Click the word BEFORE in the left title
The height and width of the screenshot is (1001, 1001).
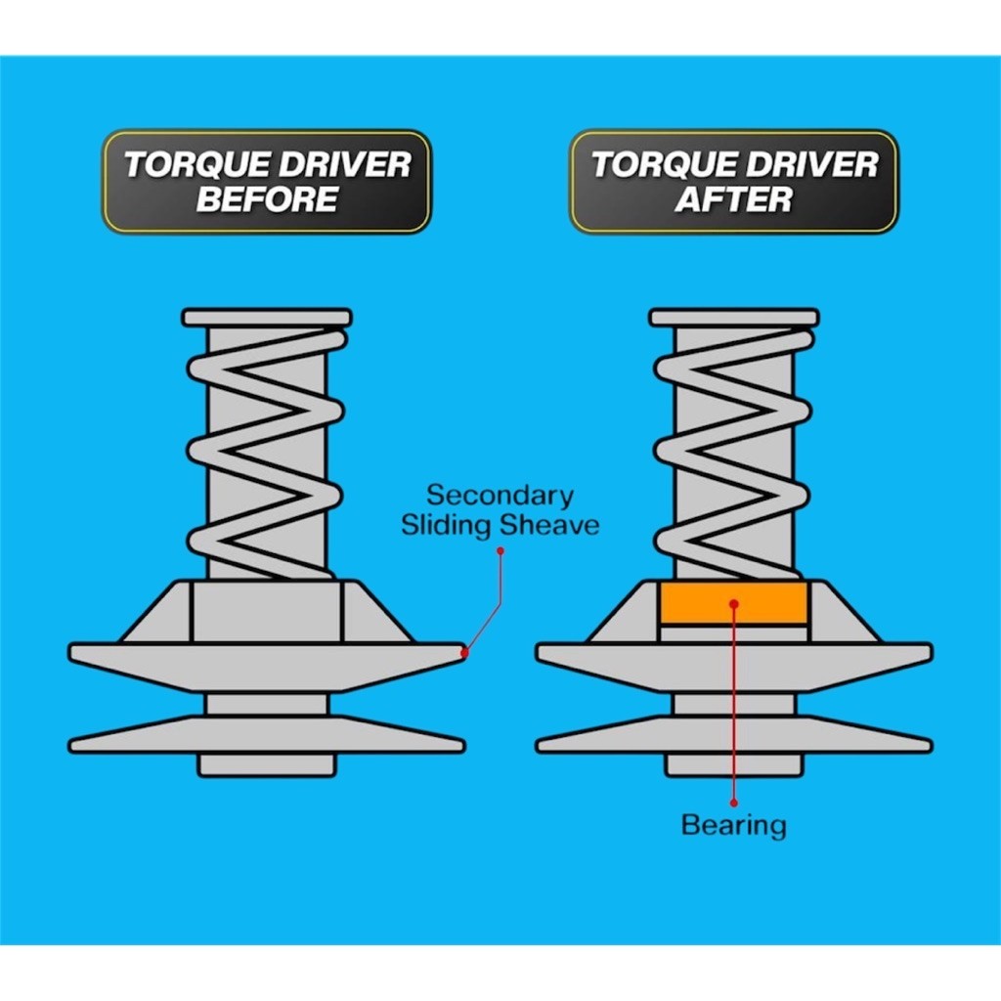[267, 198]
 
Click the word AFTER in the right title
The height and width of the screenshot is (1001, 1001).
[733, 198]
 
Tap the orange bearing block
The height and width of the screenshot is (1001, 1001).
[733, 603]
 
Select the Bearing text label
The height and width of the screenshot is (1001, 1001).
[733, 825]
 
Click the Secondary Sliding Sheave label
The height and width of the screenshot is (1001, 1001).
[500, 510]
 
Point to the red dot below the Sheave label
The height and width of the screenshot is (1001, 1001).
[500, 550]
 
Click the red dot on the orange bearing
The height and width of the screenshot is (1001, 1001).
[734, 604]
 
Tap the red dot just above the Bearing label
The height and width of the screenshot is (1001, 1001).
[734, 803]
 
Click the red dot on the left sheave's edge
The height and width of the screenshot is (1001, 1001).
[464, 652]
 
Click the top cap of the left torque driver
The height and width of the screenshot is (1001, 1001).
[267, 318]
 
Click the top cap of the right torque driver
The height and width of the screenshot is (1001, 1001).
[734, 318]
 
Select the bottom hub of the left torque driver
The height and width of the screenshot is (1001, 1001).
[267, 763]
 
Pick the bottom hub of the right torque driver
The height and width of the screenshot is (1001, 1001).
[734, 763]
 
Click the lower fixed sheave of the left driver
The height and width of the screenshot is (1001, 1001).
[267, 734]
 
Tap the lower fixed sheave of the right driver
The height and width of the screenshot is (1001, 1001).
[734, 734]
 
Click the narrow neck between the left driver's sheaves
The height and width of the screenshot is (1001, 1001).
[267, 704]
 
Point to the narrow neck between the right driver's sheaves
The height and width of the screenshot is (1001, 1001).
[734, 704]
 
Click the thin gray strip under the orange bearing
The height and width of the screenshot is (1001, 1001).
[733, 633]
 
